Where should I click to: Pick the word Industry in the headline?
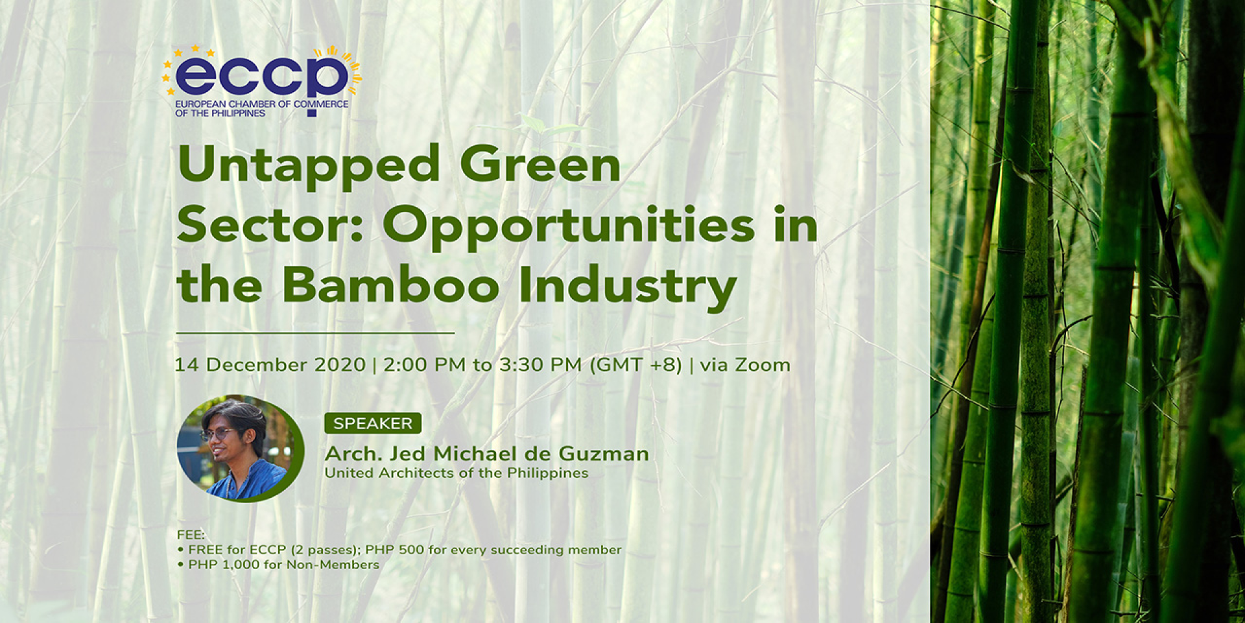[x=628, y=288]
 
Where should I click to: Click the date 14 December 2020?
[x=270, y=365]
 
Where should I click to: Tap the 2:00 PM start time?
[x=425, y=365]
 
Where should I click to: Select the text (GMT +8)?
[x=635, y=365]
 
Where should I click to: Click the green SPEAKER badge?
[x=373, y=423]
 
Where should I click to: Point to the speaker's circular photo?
[x=241, y=449]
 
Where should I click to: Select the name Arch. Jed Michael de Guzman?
[x=486, y=454]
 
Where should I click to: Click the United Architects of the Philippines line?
[x=456, y=473]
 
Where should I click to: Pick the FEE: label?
[x=191, y=535]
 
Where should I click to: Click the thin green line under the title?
[x=315, y=333]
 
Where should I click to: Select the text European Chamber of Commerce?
[x=262, y=104]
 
